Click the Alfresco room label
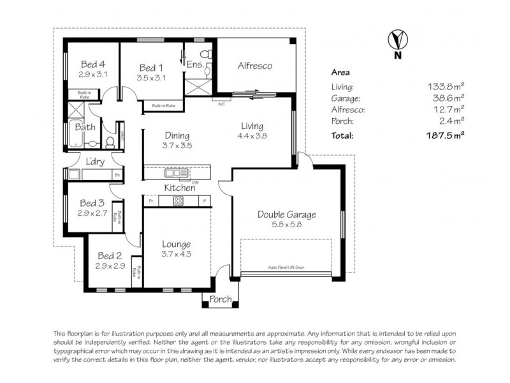255,66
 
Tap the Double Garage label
286,214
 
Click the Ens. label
194,64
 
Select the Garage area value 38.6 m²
446,98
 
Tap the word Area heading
340,73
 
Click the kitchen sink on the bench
171,172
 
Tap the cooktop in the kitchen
178,201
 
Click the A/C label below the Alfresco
222,103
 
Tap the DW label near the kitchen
186,181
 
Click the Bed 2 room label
109,256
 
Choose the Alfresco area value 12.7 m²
446,110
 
